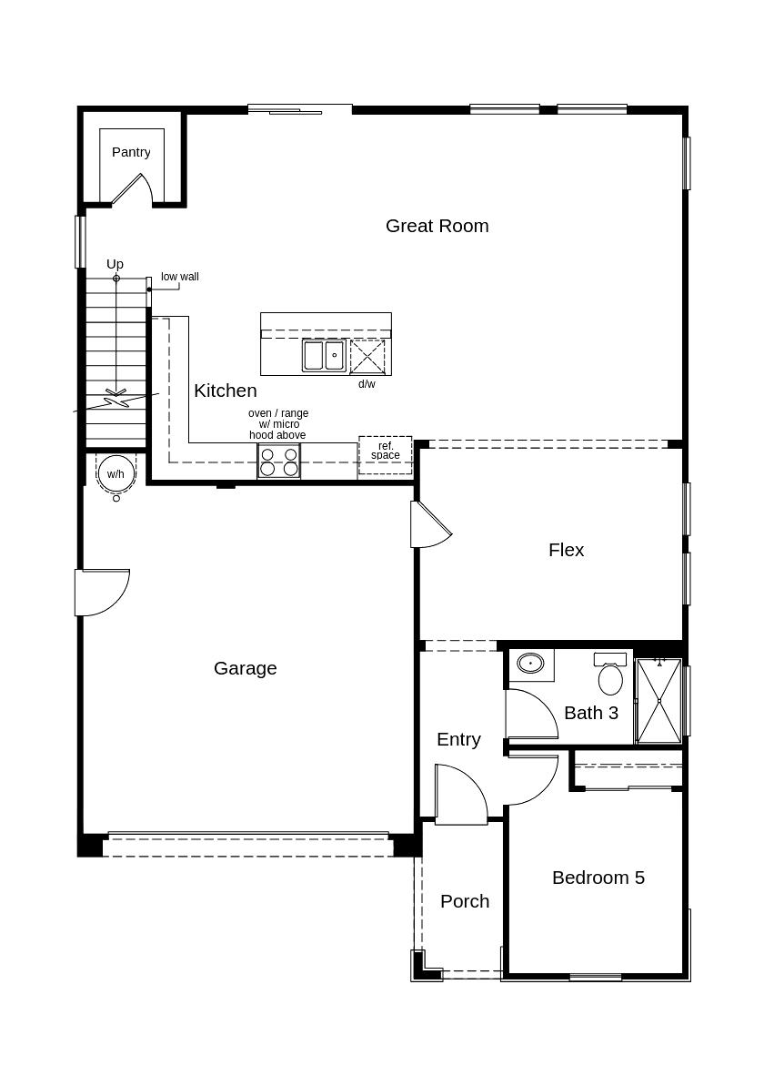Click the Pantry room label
(x=131, y=152)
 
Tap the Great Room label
(x=437, y=226)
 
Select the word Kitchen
(x=225, y=391)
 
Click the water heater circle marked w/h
(x=116, y=473)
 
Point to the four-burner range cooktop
(x=278, y=462)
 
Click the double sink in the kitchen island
(x=324, y=355)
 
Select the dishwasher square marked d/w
(x=367, y=356)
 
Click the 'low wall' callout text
(x=180, y=277)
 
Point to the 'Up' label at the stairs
(x=115, y=264)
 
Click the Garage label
(x=245, y=668)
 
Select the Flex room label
(x=566, y=550)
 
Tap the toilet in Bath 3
(x=610, y=675)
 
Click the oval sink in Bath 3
(x=530, y=664)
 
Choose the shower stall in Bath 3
(x=658, y=700)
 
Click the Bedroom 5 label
(x=598, y=878)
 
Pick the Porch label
(x=465, y=901)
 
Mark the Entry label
(x=458, y=739)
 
